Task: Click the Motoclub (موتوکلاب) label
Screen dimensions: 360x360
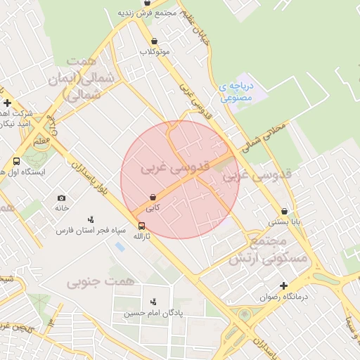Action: (x=155, y=52)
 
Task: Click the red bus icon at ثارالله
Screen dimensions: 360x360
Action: (x=142, y=226)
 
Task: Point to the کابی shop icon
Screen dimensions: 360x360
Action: (x=153, y=198)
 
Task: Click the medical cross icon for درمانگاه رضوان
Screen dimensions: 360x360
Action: (x=283, y=285)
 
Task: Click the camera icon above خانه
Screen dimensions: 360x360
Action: (x=62, y=198)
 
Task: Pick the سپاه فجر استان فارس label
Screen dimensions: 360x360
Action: (x=91, y=230)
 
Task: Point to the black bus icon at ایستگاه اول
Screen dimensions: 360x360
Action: (x=16, y=161)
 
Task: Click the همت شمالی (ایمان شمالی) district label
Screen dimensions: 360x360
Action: (x=72, y=77)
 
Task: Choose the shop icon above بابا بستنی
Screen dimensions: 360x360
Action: (x=284, y=210)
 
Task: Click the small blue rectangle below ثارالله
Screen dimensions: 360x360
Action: (x=120, y=247)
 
